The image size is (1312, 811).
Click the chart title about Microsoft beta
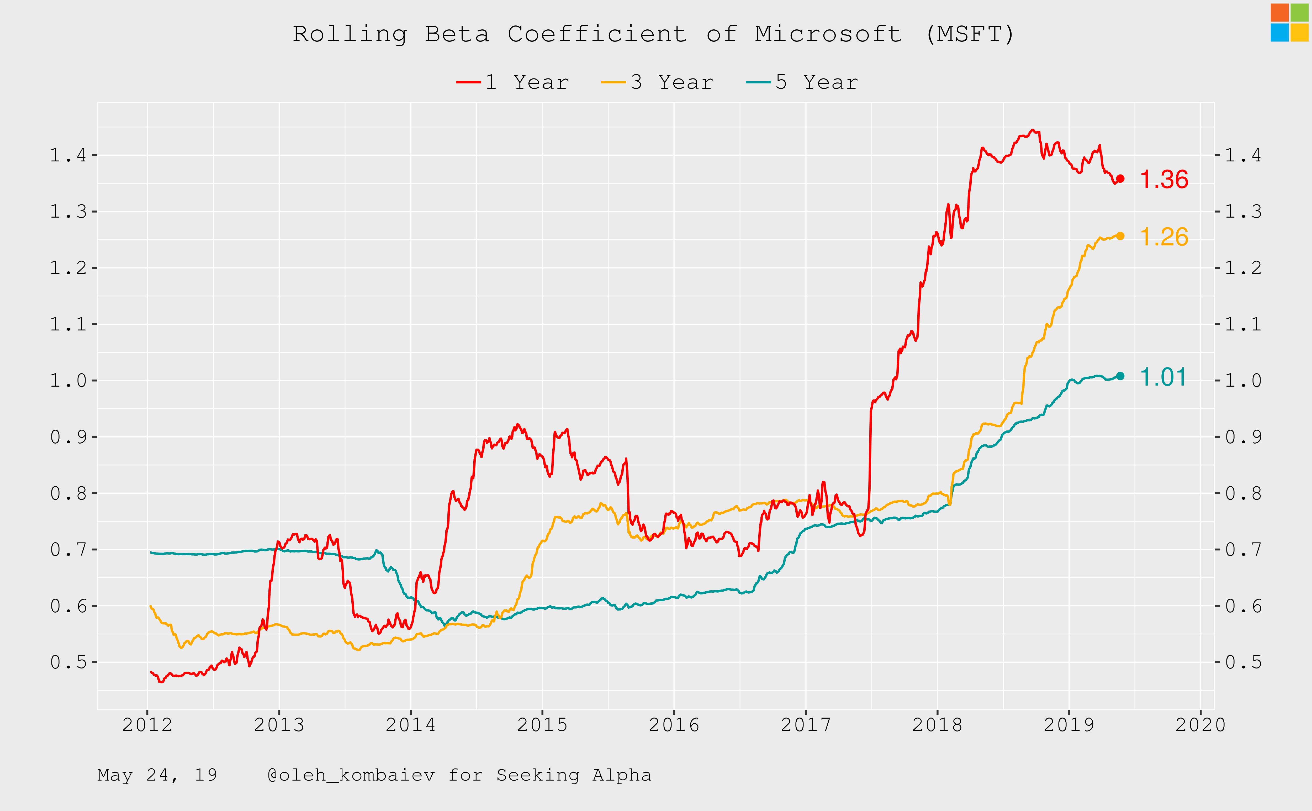(653, 34)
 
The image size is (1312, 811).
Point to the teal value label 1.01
(1162, 377)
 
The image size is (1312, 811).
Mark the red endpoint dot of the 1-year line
(1120, 179)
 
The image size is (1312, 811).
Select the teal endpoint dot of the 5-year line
(1120, 376)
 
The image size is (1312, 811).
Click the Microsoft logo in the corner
(1289, 23)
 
